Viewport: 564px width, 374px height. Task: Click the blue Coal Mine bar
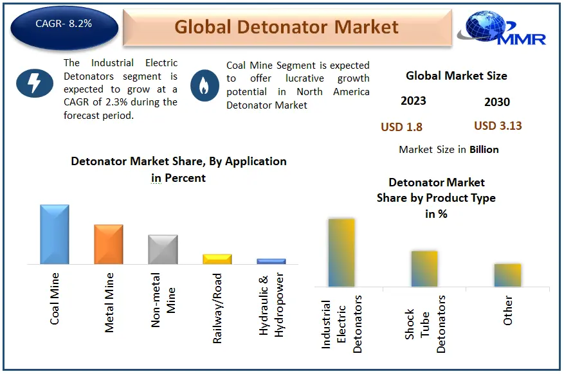pos(54,235)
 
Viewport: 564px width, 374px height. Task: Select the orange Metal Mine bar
pos(109,244)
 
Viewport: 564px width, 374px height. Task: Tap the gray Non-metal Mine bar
pos(163,249)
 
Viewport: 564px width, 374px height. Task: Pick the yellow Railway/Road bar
pos(217,259)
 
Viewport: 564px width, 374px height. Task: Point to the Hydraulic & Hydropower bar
pos(271,261)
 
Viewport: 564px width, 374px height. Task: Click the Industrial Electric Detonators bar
pos(341,253)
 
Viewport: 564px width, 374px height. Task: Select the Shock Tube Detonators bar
pos(424,269)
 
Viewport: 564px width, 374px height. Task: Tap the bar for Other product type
pos(507,275)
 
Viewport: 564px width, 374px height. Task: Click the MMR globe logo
pos(502,28)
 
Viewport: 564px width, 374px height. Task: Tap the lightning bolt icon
pos(35,83)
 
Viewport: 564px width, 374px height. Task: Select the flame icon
pos(205,85)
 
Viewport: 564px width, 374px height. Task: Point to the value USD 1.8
pos(401,127)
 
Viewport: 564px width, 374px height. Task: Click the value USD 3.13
pos(498,126)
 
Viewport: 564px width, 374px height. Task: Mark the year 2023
pos(414,101)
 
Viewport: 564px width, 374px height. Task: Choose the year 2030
pos(497,102)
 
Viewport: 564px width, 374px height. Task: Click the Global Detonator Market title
pos(287,27)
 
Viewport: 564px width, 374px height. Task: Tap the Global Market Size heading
pos(457,76)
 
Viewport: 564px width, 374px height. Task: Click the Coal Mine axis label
pos(54,299)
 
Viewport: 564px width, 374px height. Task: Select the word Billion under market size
pos(484,150)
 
